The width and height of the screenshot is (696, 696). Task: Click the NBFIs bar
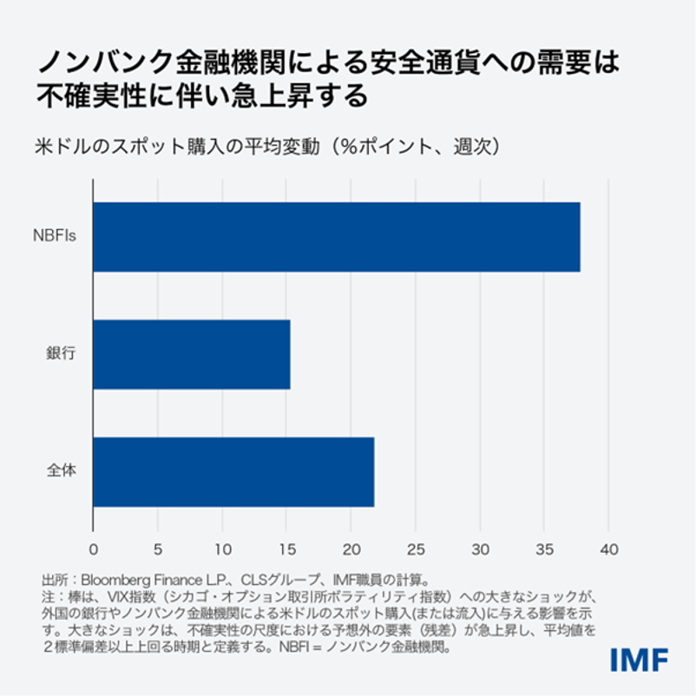336,237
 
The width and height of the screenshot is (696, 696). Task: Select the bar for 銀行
192,354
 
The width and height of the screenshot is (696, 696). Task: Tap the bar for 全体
233,472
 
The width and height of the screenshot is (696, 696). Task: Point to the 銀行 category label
62,354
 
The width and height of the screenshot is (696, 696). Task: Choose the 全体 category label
62,472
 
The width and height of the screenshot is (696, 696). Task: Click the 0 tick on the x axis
94,548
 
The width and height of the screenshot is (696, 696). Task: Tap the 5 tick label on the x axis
158,548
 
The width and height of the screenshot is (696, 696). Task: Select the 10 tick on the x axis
222,548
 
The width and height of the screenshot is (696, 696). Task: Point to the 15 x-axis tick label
286,548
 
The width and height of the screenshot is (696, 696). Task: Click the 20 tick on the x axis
351,548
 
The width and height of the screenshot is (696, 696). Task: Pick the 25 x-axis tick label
415,548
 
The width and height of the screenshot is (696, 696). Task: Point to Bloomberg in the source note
116,579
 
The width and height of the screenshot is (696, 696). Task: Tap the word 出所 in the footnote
53,579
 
